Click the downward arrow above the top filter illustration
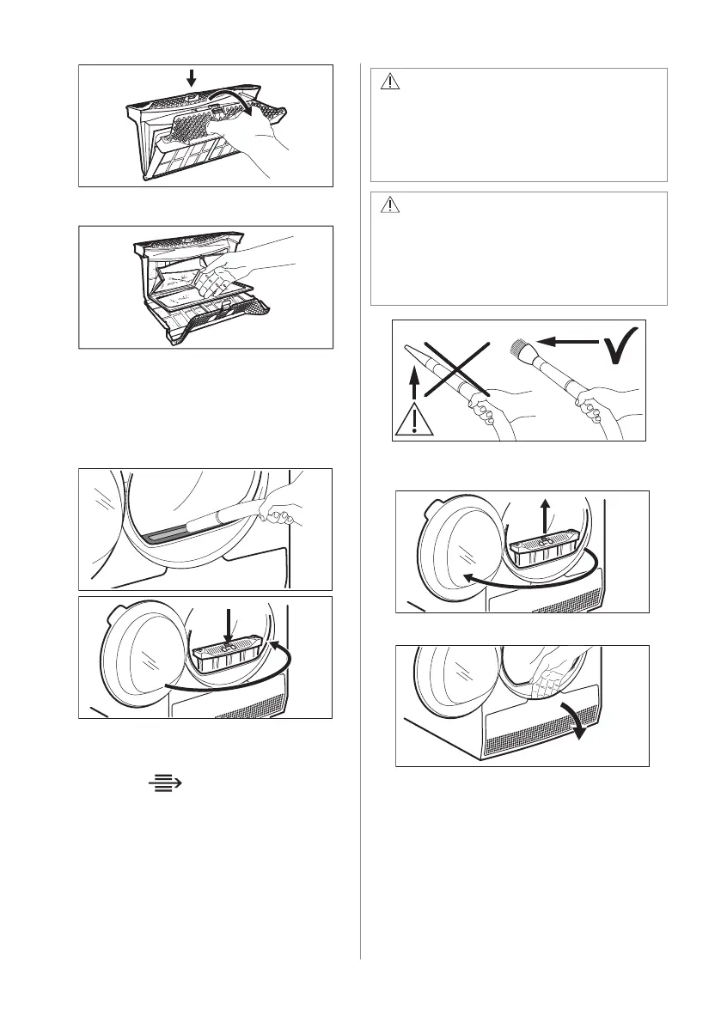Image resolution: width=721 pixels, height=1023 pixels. [191, 77]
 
